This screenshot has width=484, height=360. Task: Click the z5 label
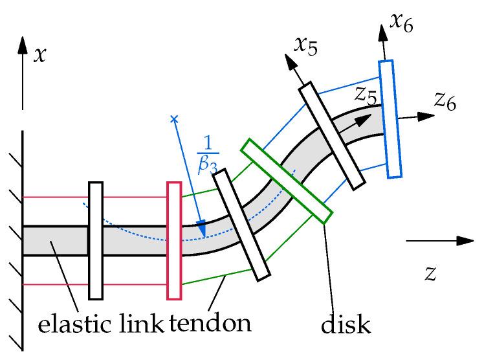(x=365, y=96)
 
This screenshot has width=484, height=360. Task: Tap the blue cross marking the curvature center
(x=173, y=119)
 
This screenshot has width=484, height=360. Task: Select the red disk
(x=173, y=240)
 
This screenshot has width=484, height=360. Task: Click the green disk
(x=287, y=182)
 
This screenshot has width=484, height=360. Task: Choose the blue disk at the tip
(x=391, y=118)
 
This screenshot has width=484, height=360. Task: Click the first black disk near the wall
(x=96, y=240)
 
